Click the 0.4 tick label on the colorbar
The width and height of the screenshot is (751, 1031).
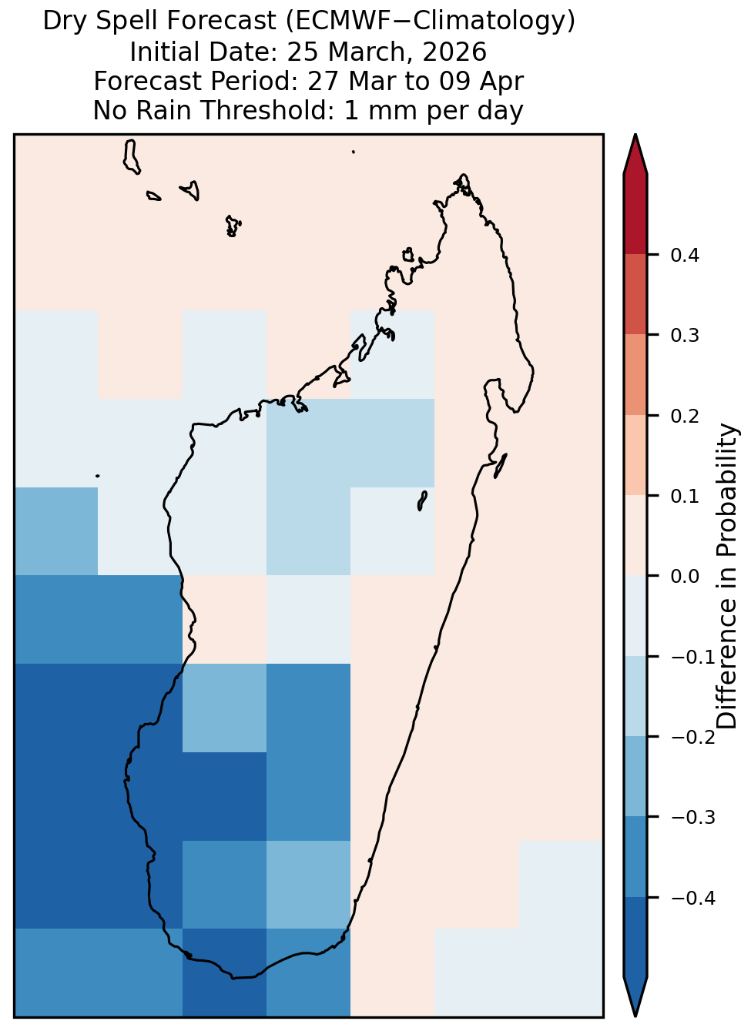[684, 255]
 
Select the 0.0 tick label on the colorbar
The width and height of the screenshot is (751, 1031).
[684, 576]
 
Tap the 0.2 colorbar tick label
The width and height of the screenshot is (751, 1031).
[684, 416]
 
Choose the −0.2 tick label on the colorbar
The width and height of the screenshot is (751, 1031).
[693, 738]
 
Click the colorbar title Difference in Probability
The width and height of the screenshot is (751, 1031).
[727, 576]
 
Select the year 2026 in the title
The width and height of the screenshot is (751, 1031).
[454, 52]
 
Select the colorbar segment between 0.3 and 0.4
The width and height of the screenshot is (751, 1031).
[635, 295]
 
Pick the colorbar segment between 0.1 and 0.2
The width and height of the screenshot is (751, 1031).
[635, 455]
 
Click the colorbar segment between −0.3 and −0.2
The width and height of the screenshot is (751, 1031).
[635, 776]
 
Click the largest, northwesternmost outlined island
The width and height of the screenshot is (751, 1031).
[131, 156]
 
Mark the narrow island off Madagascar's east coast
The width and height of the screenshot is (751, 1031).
[501, 466]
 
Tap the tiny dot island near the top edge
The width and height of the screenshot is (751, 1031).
[354, 152]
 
